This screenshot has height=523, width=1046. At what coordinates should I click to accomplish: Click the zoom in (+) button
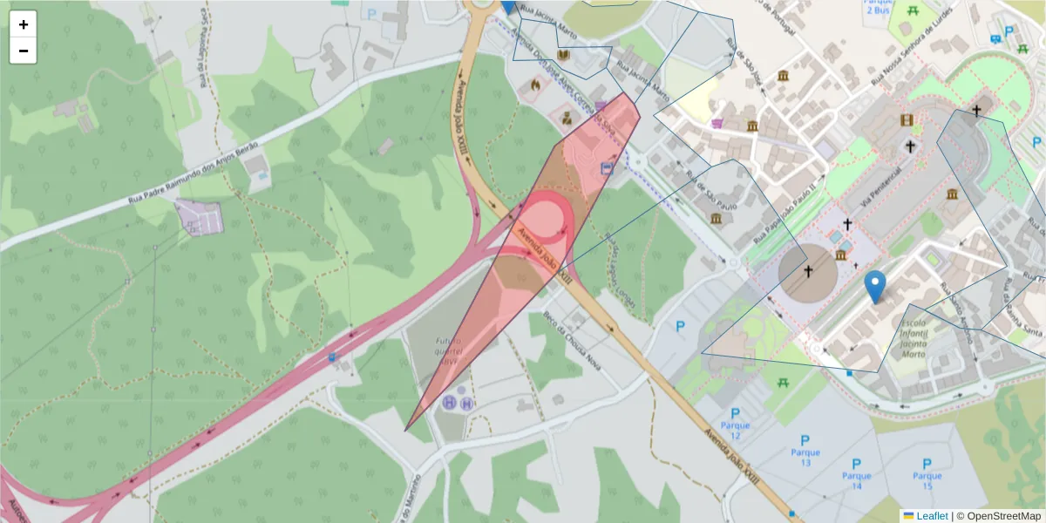pyautogui.click(x=24, y=24)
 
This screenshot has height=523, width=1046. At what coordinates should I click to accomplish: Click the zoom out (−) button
pyautogui.click(x=24, y=51)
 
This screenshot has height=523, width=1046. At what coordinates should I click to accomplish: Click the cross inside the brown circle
pyautogui.click(x=808, y=272)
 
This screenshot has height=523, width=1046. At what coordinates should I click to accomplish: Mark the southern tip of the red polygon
pyautogui.click(x=405, y=430)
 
